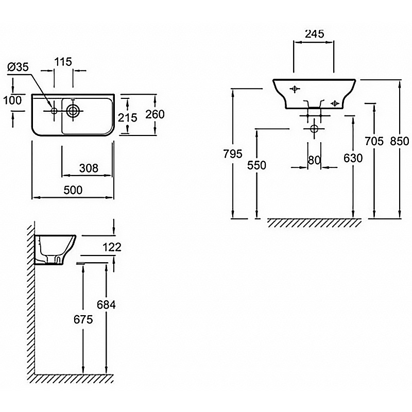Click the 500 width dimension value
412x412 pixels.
[x=73, y=190]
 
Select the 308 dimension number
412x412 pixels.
[x=89, y=168]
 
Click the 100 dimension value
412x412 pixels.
[x=12, y=100]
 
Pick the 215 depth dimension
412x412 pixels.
[x=127, y=117]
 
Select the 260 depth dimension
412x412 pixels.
[x=154, y=114]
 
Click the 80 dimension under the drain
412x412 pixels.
[x=314, y=160]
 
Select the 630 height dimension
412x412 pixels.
[x=353, y=159]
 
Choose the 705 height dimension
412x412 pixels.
[x=373, y=141]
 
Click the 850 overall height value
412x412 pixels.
[x=399, y=141]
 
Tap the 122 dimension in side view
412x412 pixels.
[x=112, y=248]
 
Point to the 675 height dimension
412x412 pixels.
[x=83, y=319]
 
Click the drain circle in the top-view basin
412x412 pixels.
[x=73, y=110]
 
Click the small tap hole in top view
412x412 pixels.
[x=54, y=110]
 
